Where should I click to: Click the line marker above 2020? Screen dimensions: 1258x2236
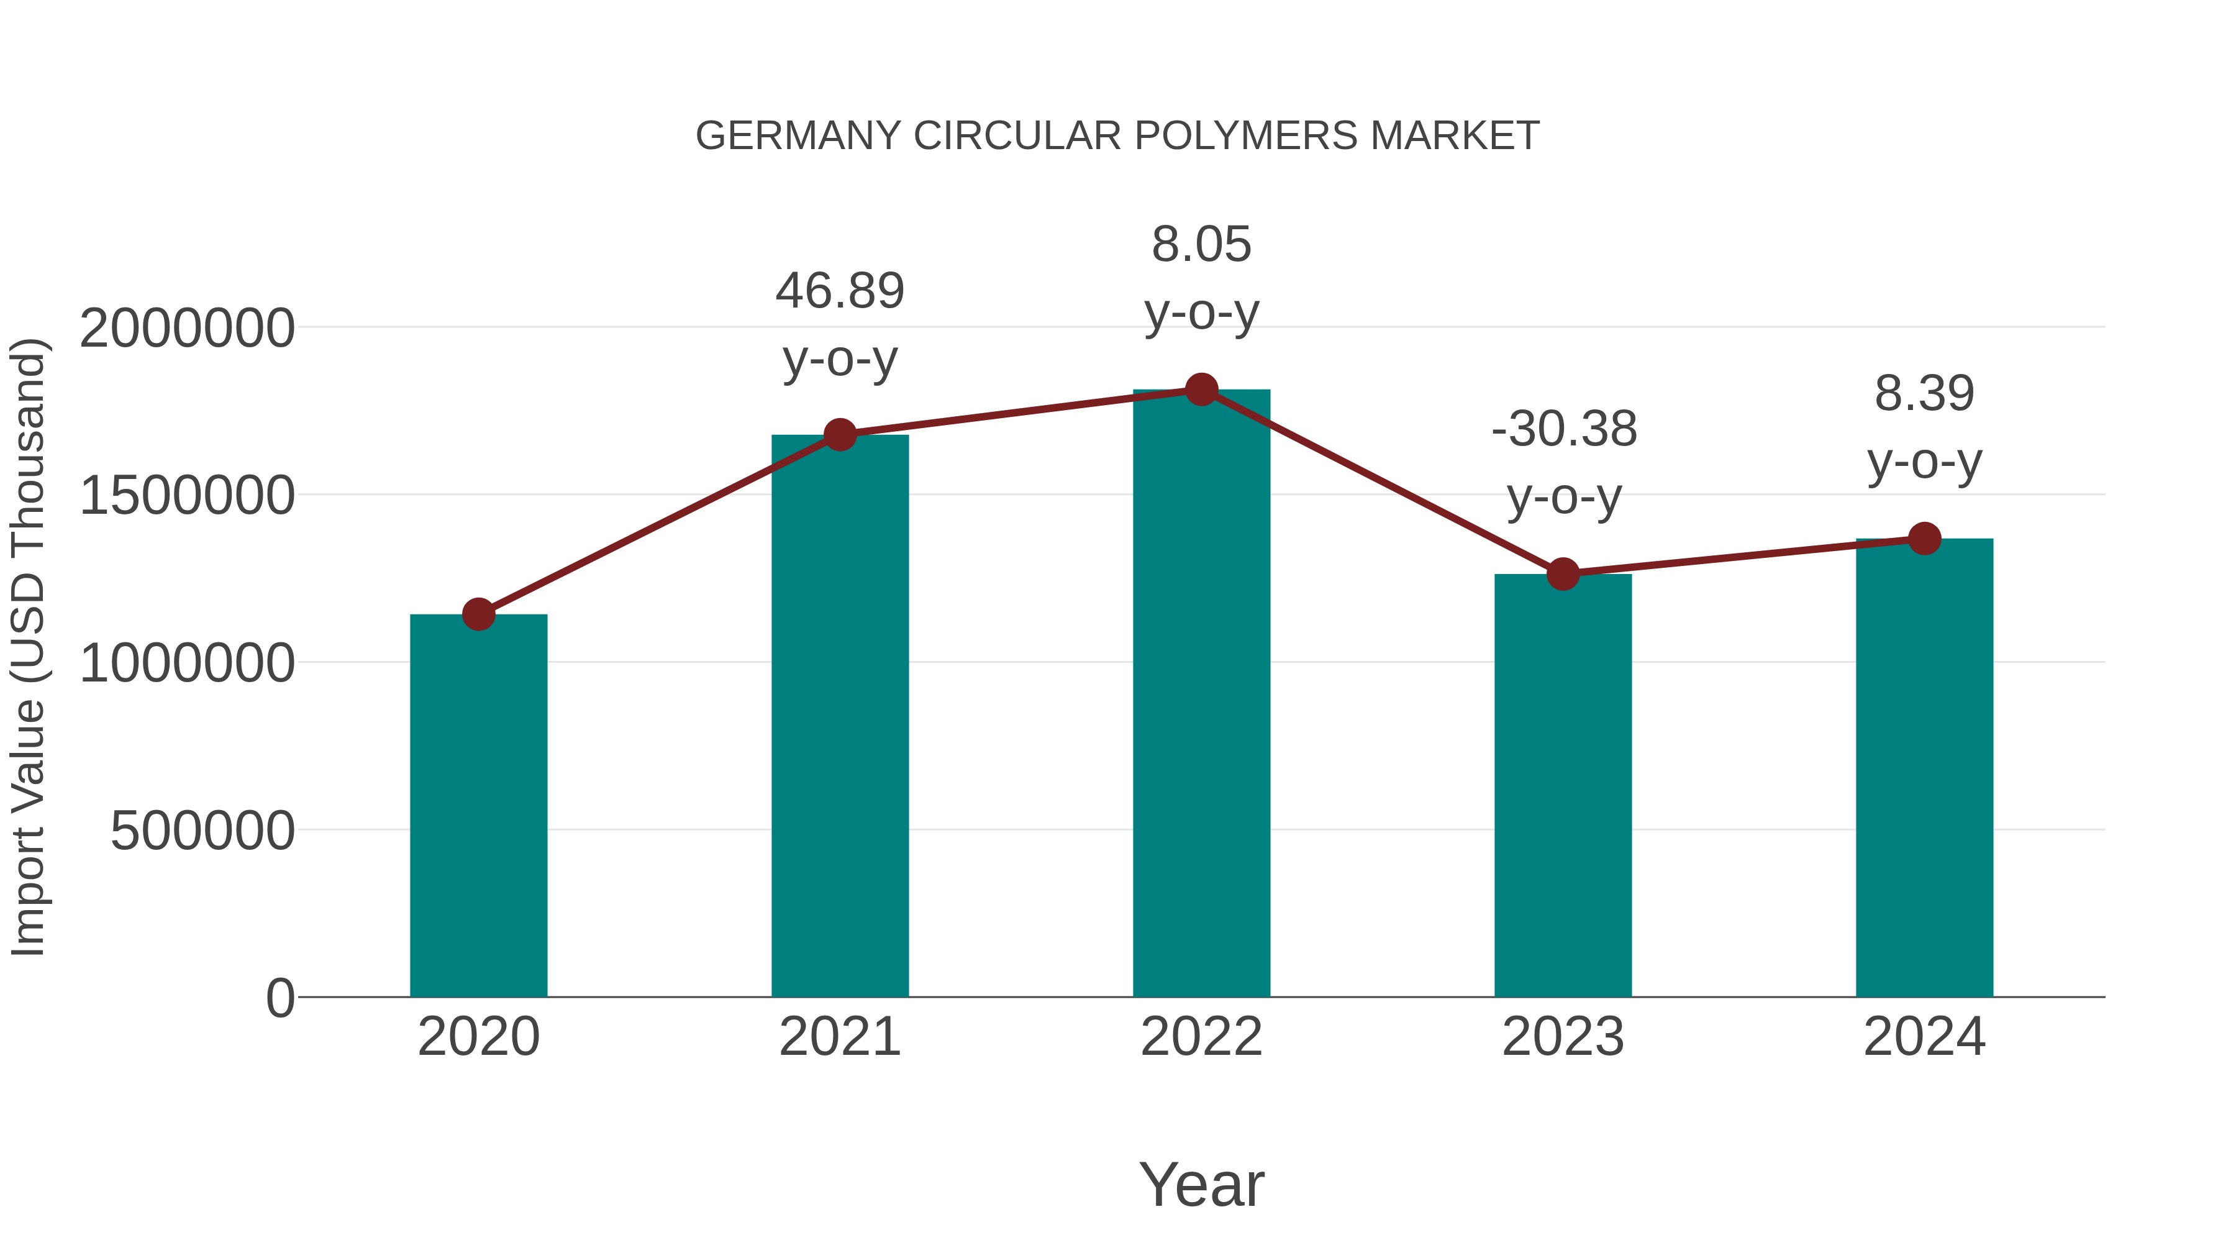click(x=478, y=614)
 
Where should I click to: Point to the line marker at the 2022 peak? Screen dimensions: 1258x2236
click(x=1201, y=390)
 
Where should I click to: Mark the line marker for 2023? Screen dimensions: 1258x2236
click(x=1563, y=574)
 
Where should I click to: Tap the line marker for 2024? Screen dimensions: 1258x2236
click(x=1924, y=538)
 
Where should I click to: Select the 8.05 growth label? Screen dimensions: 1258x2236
click(x=1201, y=245)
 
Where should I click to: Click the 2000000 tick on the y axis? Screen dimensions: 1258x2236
click(x=186, y=329)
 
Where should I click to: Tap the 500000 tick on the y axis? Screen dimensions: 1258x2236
click(x=202, y=831)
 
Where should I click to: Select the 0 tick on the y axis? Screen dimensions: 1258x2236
click(x=280, y=998)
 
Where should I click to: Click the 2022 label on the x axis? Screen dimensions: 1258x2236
click(x=1201, y=1037)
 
